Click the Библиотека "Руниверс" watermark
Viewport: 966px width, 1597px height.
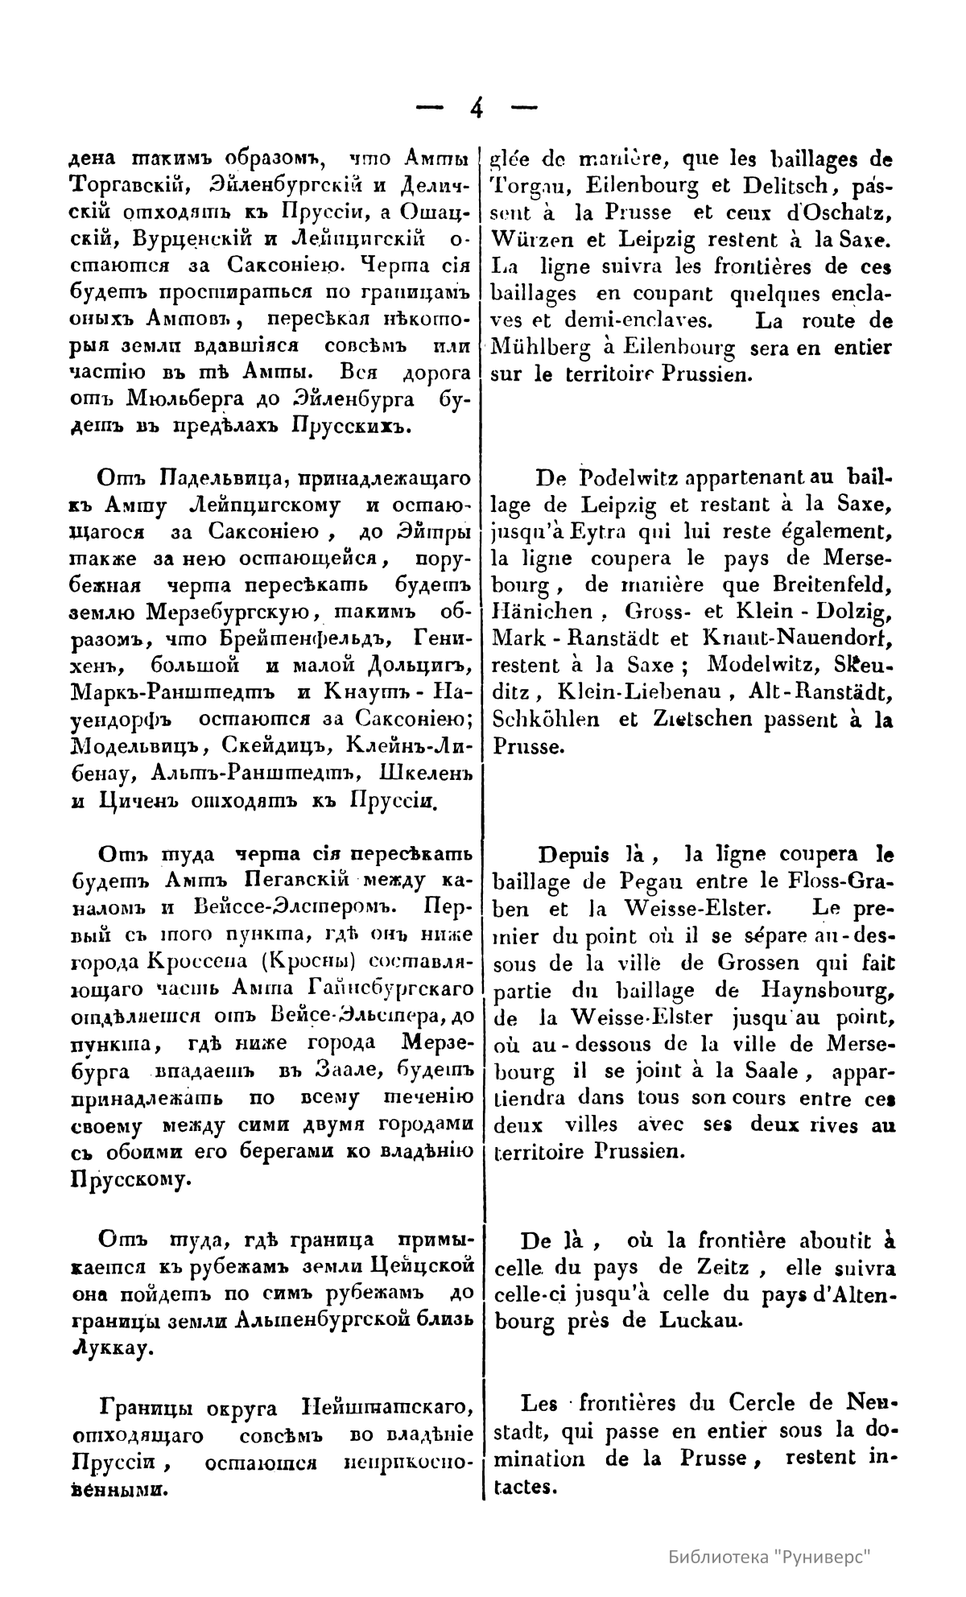pyautogui.click(x=771, y=1557)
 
